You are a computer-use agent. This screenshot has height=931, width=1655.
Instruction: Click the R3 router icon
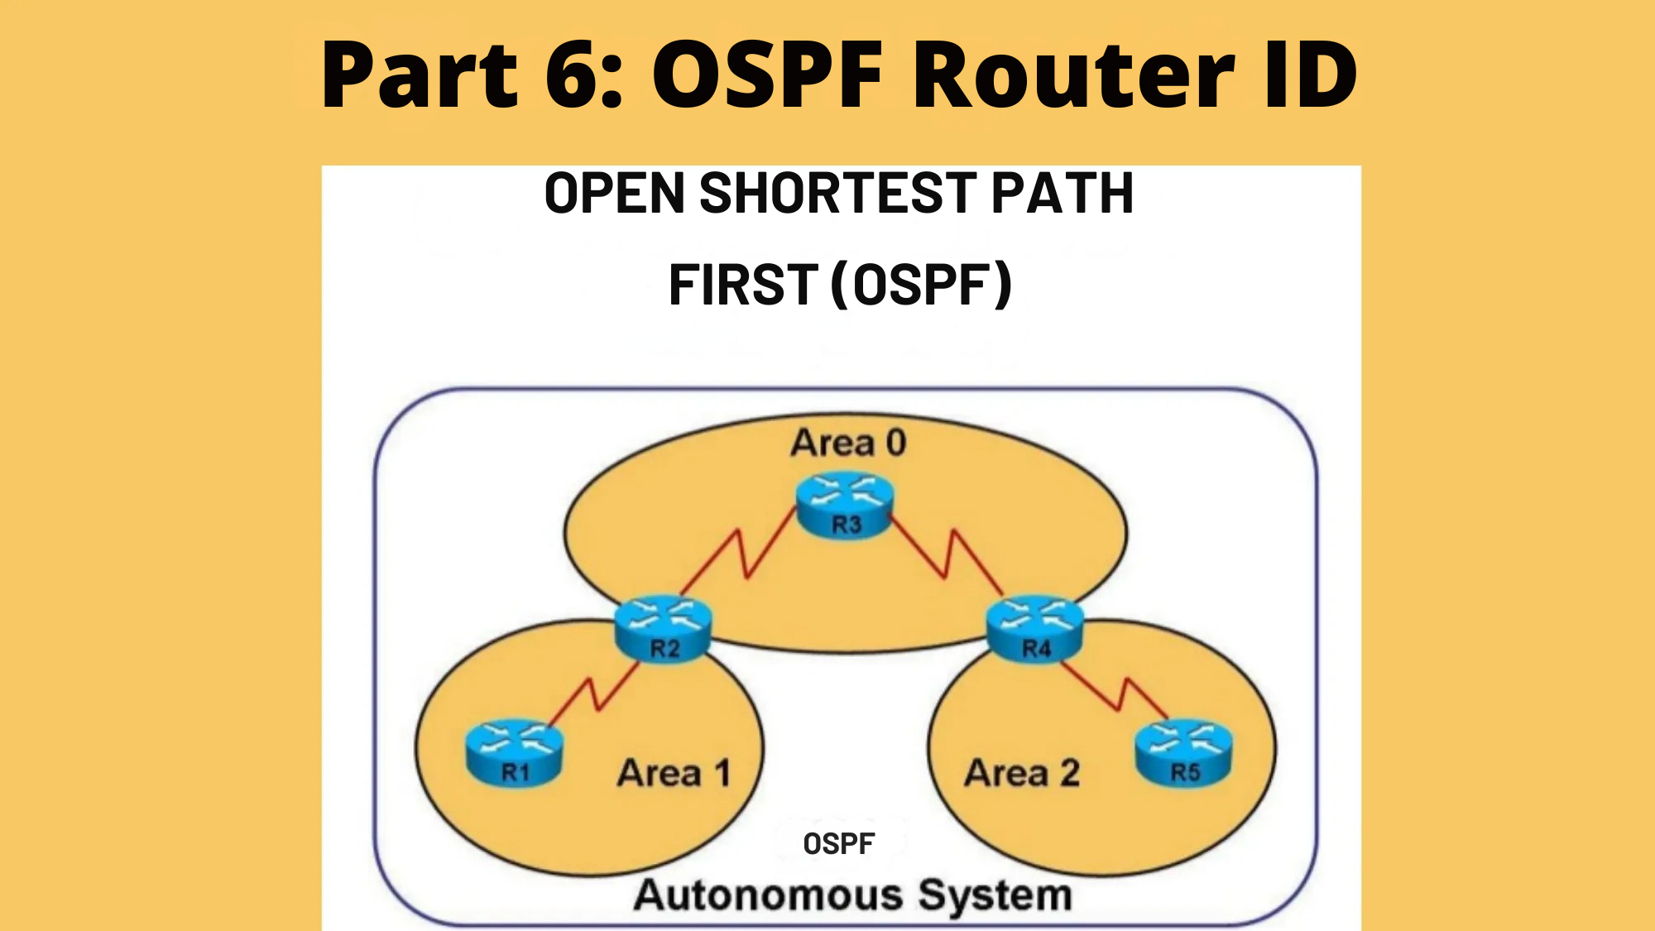(x=845, y=506)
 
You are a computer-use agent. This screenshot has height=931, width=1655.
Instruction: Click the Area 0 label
(x=848, y=443)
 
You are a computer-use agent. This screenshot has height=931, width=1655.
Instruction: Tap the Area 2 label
(x=1022, y=774)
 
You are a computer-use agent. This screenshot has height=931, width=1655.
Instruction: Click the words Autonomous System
(x=852, y=895)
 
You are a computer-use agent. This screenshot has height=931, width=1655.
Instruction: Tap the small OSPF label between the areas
(x=838, y=844)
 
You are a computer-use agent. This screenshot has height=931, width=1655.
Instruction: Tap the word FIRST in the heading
(x=743, y=285)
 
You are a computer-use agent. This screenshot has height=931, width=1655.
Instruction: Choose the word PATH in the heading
(x=1062, y=193)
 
